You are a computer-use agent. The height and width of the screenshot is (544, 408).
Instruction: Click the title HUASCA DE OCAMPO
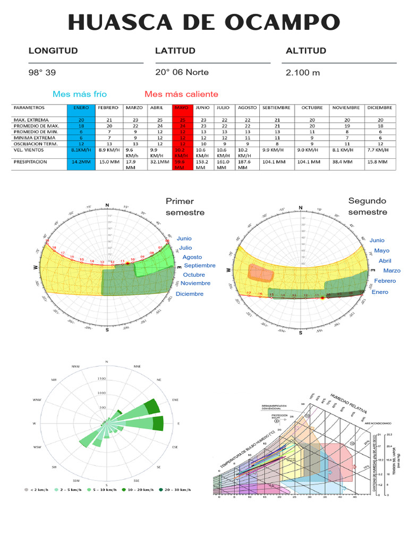click(204, 23)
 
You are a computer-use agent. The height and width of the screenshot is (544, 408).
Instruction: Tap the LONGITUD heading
click(53, 51)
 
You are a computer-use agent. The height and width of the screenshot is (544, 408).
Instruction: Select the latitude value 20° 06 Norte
click(182, 72)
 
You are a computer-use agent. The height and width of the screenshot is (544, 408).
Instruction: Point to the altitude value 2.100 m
click(303, 73)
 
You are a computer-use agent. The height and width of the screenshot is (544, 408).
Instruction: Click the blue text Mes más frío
click(79, 94)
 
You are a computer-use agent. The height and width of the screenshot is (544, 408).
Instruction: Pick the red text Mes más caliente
click(181, 94)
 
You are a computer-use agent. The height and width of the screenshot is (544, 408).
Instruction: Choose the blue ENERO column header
click(81, 107)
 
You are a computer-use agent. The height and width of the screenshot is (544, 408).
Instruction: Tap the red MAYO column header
click(182, 107)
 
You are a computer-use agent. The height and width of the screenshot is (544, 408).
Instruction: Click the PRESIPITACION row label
click(30, 161)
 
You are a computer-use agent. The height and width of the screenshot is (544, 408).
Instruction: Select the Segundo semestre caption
click(368, 206)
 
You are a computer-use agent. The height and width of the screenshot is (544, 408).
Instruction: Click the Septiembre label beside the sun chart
click(199, 266)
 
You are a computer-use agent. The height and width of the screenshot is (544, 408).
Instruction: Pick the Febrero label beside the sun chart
click(385, 280)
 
